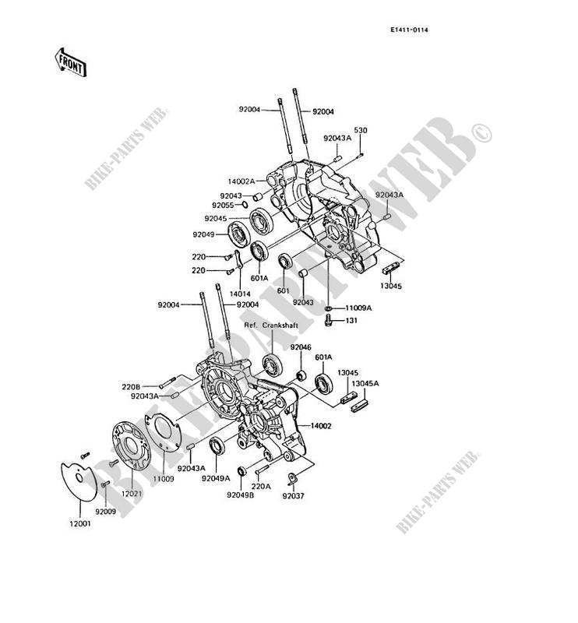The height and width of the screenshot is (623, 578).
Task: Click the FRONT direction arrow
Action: (x=70, y=62)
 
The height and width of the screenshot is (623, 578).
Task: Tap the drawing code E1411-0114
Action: (x=410, y=30)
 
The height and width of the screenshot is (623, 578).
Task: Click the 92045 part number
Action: (x=217, y=219)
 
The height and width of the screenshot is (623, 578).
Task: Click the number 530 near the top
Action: (x=360, y=130)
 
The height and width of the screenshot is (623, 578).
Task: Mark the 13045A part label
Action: (x=364, y=384)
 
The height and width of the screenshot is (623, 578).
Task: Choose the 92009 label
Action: (x=106, y=511)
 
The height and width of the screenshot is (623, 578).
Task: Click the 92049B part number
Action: (x=240, y=495)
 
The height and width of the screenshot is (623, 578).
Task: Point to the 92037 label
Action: (x=293, y=495)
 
